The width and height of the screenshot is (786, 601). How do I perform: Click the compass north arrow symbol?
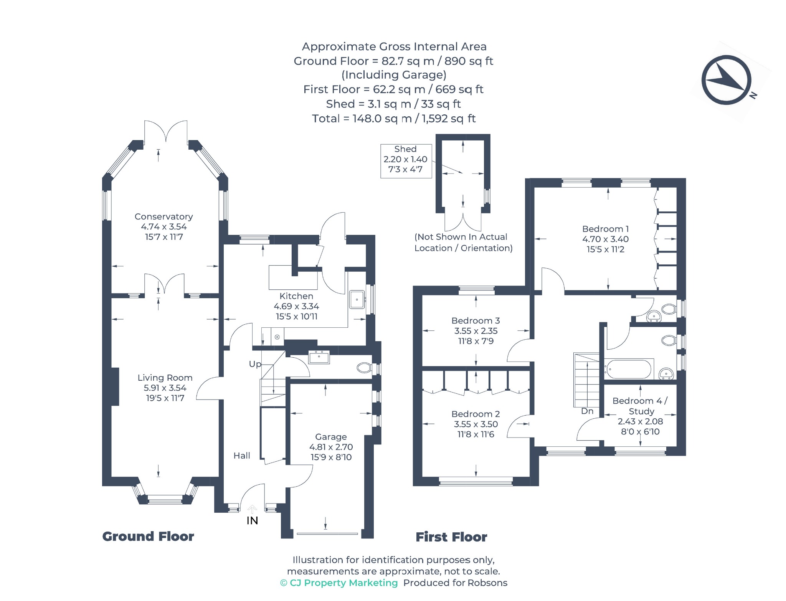click(x=727, y=80)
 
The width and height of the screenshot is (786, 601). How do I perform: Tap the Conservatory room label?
click(x=163, y=216)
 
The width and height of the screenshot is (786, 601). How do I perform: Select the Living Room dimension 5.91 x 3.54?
click(x=165, y=388)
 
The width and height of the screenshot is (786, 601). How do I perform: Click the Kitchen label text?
click(x=296, y=296)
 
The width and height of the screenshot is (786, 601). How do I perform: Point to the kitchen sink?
click(x=357, y=299)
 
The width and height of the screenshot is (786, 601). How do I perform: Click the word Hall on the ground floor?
click(x=242, y=456)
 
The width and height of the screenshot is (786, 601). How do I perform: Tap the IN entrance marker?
click(x=252, y=520)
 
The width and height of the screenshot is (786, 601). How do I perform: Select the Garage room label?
click(x=331, y=437)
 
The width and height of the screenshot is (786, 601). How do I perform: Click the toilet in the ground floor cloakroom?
click(x=364, y=368)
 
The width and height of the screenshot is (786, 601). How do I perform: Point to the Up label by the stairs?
click(x=255, y=364)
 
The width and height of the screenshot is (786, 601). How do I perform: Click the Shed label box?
click(x=406, y=161)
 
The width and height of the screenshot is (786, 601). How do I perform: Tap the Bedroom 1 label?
click(x=605, y=229)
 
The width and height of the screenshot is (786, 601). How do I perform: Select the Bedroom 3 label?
click(x=476, y=320)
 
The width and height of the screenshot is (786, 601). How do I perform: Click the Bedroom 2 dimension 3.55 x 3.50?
click(x=476, y=424)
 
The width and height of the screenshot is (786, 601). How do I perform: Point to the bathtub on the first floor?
click(x=629, y=369)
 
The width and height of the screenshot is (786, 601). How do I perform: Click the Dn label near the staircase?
click(x=587, y=411)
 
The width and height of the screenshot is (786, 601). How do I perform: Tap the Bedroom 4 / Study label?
click(x=640, y=406)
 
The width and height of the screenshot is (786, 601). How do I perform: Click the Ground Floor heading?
click(x=148, y=536)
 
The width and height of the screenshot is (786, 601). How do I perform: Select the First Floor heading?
click(x=451, y=537)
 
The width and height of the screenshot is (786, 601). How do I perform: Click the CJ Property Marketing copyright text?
click(x=339, y=583)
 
